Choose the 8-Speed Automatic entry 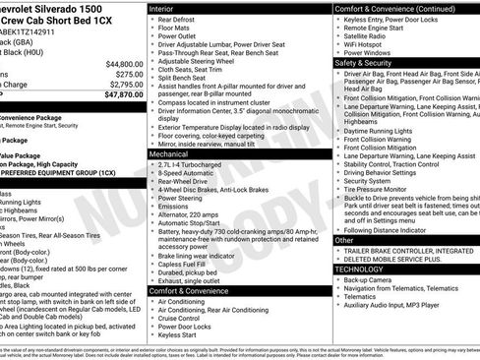click(x=189, y=174)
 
